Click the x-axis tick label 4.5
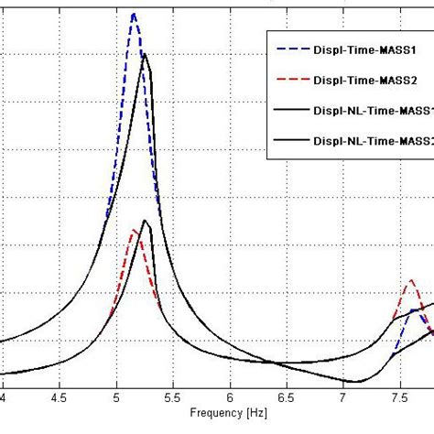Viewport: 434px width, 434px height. pos(60,398)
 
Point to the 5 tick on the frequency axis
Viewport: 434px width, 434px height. pos(116,398)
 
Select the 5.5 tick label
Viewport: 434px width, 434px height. pos(172,398)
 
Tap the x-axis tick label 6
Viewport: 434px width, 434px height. pos(230,398)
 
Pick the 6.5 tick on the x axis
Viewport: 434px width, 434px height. pos(286,398)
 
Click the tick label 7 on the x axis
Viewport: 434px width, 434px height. pos(343,398)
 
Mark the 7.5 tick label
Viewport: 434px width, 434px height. pos(399,398)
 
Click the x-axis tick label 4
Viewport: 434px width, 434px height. pos(4,398)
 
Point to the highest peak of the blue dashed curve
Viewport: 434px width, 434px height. pos(134,14)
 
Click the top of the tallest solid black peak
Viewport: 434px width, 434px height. pos(145,55)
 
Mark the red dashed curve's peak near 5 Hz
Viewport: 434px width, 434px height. pos(134,231)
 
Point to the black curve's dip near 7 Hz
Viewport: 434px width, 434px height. pos(355,381)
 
